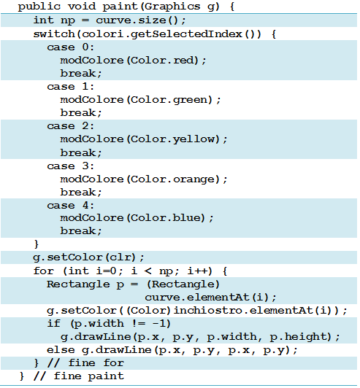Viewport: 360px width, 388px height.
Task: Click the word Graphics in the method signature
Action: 172,7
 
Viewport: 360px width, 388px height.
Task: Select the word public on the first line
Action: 39,7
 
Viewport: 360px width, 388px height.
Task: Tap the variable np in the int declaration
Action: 68,20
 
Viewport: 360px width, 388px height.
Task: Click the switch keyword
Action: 54,34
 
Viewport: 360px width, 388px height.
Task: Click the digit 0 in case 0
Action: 85,47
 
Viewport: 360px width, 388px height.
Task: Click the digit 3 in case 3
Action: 85,166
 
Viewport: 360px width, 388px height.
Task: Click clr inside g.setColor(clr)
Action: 120,257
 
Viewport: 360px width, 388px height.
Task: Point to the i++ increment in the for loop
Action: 197,271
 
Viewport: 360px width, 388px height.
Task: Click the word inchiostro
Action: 207,310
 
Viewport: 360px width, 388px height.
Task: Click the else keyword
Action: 61,350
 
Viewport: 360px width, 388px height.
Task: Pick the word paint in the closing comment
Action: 106,376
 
